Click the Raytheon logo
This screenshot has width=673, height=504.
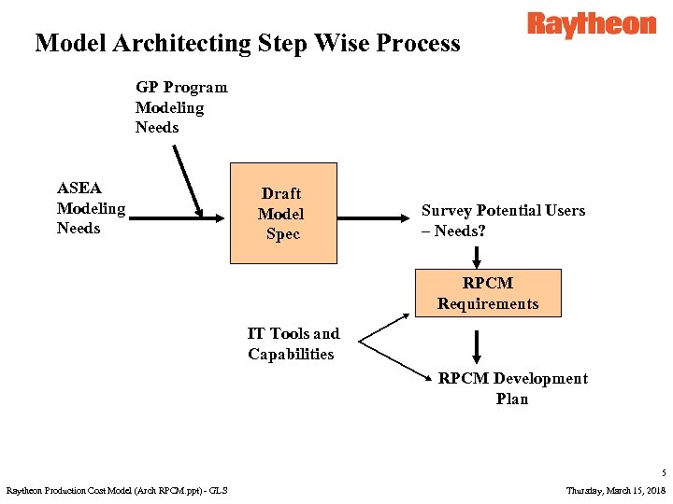(x=591, y=24)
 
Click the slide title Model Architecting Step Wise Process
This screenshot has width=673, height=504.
(x=248, y=43)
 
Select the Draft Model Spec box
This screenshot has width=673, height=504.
(x=282, y=214)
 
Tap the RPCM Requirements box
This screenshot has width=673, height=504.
(x=488, y=293)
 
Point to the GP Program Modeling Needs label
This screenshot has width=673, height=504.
(x=180, y=107)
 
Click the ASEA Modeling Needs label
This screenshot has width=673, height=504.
(x=91, y=208)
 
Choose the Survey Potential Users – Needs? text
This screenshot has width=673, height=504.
(x=503, y=220)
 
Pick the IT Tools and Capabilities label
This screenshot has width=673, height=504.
(x=294, y=343)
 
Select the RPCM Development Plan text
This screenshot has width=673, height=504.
(x=512, y=388)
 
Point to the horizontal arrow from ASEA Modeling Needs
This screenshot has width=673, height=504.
(x=178, y=218)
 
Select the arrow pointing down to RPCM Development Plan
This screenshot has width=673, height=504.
(x=477, y=346)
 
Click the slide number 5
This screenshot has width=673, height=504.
(x=661, y=474)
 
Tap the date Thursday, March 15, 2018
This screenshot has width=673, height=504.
(x=616, y=490)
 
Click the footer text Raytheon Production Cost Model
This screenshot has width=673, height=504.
(x=117, y=490)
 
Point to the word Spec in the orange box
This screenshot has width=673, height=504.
(x=282, y=234)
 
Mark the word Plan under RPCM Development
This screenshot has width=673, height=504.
(x=512, y=399)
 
